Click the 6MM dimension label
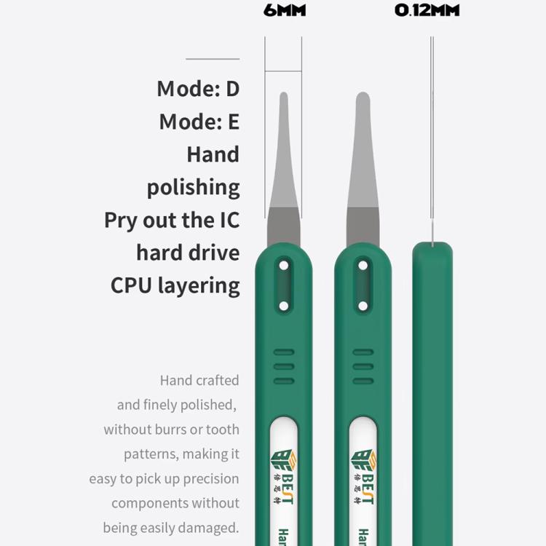(x=285, y=10)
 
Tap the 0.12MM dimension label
(x=427, y=10)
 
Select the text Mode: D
(x=198, y=89)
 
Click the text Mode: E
(x=199, y=122)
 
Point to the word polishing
(x=193, y=188)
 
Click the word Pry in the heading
(x=120, y=221)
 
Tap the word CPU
(x=131, y=286)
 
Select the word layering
(x=199, y=287)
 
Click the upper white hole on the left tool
(x=284, y=266)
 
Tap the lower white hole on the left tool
(x=284, y=306)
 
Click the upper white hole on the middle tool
(x=363, y=266)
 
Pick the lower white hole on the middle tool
(x=363, y=306)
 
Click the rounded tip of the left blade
(x=284, y=93)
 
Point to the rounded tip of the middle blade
(x=363, y=93)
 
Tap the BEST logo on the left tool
(x=283, y=477)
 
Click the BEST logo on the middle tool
(x=363, y=477)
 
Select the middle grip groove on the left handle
(x=284, y=367)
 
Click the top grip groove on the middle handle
(x=363, y=352)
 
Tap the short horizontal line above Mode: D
(x=213, y=59)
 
